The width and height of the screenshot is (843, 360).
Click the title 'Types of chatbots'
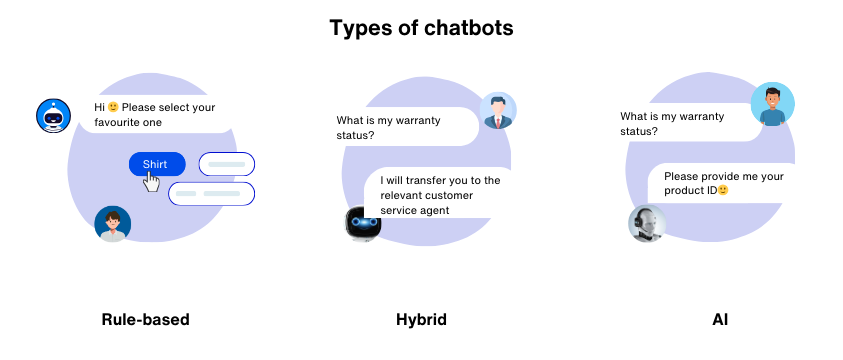point(421,27)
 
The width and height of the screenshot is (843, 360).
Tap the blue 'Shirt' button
point(156,164)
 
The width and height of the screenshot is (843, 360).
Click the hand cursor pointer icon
point(151,181)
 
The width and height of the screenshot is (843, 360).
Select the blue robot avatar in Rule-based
point(50,115)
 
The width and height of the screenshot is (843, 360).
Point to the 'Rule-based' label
point(145,320)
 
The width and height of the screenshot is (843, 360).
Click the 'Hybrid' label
point(421,320)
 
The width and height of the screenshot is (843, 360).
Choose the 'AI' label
point(719,320)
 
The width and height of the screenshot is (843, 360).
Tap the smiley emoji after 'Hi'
point(113,107)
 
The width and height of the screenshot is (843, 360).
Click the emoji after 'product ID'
point(723,191)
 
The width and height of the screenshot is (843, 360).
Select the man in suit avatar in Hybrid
point(497,111)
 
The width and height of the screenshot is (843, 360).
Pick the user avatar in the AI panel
point(772,104)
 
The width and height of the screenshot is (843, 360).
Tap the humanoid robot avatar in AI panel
point(647,224)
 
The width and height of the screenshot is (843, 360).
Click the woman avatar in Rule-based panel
point(112,224)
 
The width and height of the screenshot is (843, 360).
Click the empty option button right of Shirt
point(227,164)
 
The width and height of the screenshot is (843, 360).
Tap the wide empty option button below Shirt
point(212,193)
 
